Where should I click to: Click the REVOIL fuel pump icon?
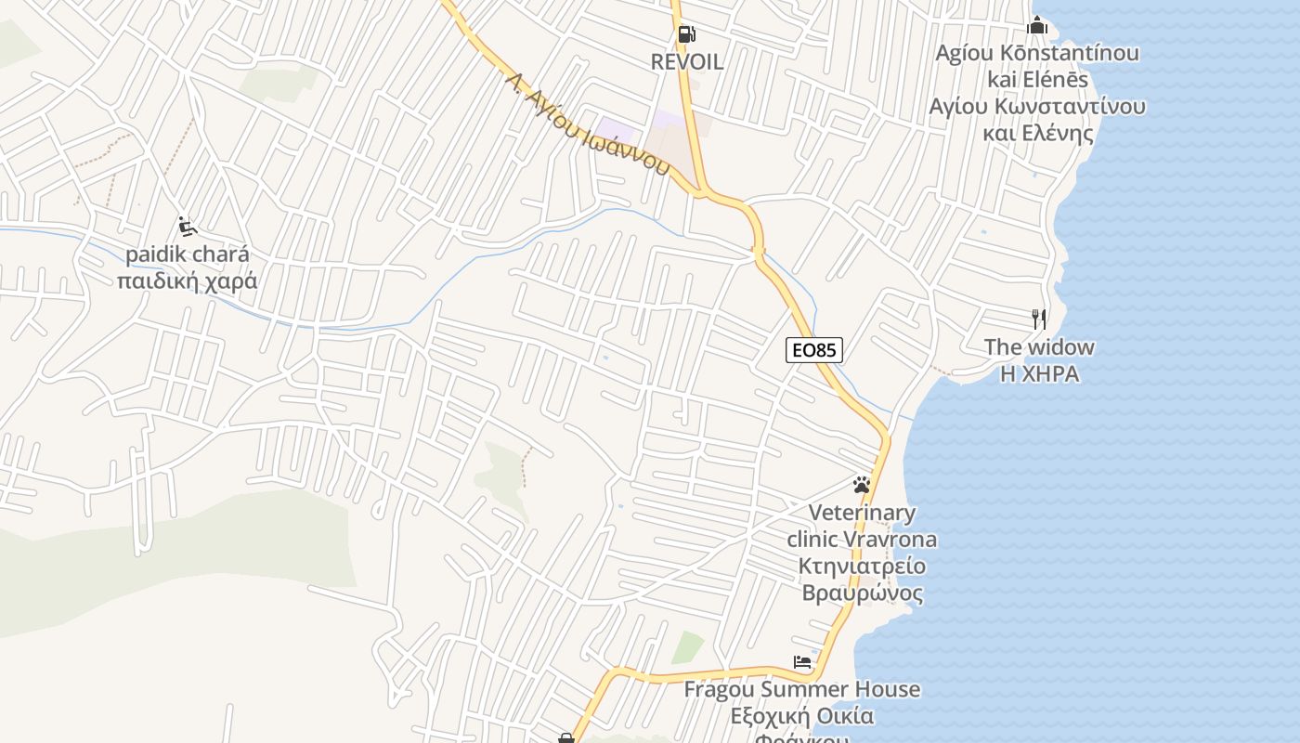coord(686,34)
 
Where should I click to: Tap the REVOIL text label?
coord(687,62)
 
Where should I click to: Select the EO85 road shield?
coord(814,350)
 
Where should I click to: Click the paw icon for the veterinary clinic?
coord(862,485)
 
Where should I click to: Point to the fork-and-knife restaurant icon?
coord(1039,319)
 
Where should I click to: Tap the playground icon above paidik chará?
coord(187,226)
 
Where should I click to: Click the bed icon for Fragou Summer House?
coord(802,662)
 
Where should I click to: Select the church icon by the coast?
coord(1037,25)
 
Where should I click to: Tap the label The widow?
coord(1039,347)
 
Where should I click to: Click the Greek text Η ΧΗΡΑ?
coord(1039,373)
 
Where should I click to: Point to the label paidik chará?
coord(188,254)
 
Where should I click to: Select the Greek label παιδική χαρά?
coord(188,280)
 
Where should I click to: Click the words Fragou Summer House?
coord(802,689)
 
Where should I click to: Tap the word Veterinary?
coord(862,513)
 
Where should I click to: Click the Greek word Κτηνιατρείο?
coord(862,566)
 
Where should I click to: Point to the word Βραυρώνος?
coord(862,593)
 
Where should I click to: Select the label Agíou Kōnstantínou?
coord(1037,53)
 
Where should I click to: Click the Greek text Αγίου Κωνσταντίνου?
coord(1037,106)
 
